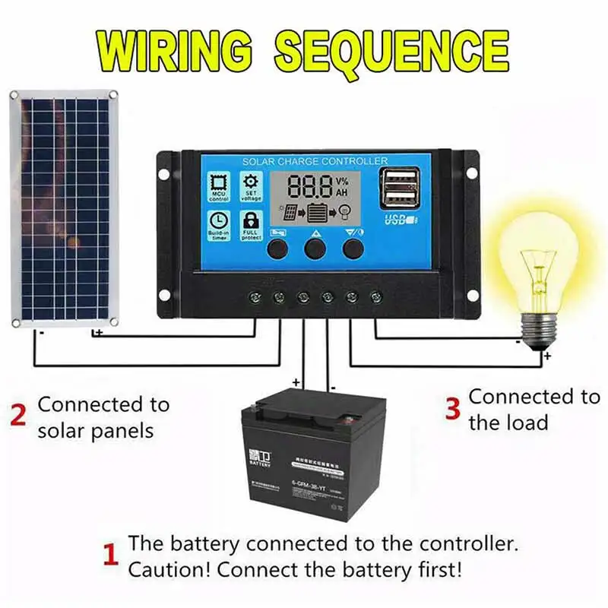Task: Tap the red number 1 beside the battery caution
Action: coord(111,556)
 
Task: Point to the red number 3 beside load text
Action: coord(453,408)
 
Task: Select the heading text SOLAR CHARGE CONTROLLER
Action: coord(315,161)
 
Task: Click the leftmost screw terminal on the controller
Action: coord(256,296)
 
